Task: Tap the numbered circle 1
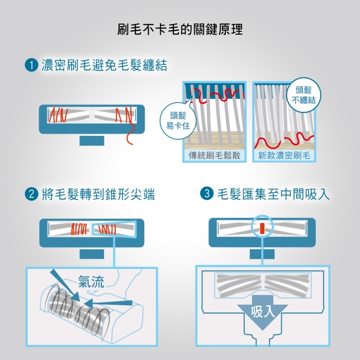click(31, 66)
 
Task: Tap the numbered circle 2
click(31, 194)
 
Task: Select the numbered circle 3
click(207, 194)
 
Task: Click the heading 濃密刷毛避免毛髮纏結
click(104, 66)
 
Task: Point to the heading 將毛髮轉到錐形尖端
click(98, 194)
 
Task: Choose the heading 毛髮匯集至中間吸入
click(273, 194)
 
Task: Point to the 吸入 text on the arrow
click(263, 311)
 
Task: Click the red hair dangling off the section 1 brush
click(130, 134)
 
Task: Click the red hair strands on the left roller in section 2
click(79, 229)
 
